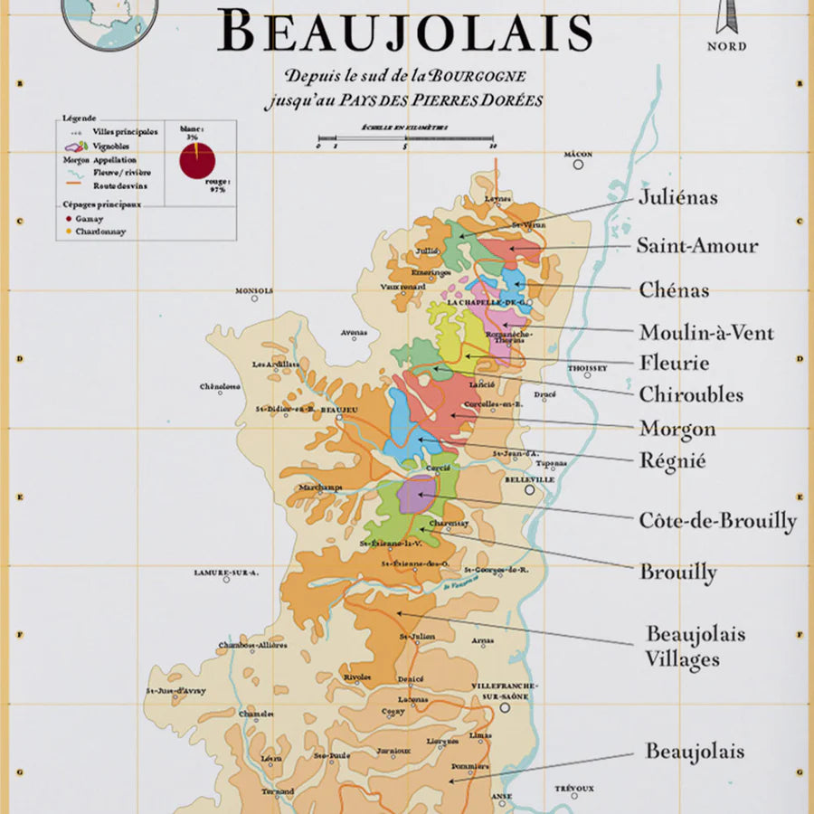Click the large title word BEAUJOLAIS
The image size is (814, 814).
click(x=405, y=33)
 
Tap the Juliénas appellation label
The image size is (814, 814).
click(x=677, y=196)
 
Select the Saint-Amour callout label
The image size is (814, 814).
click(x=696, y=245)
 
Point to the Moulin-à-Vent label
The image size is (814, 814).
click(x=706, y=332)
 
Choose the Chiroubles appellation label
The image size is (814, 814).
click(x=691, y=394)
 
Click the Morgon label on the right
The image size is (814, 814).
click(x=677, y=429)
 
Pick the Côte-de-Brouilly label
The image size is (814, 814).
click(x=717, y=521)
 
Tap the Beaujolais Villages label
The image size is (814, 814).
click(x=695, y=646)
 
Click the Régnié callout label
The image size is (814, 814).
click(x=672, y=461)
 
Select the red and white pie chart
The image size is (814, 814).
click(x=197, y=161)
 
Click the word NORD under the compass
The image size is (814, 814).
click(x=726, y=46)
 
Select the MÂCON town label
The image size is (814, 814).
click(x=577, y=155)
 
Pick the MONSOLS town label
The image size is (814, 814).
click(x=253, y=291)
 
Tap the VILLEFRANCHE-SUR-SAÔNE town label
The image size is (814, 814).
click(x=505, y=692)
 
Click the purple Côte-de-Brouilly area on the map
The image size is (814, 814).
click(x=417, y=494)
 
